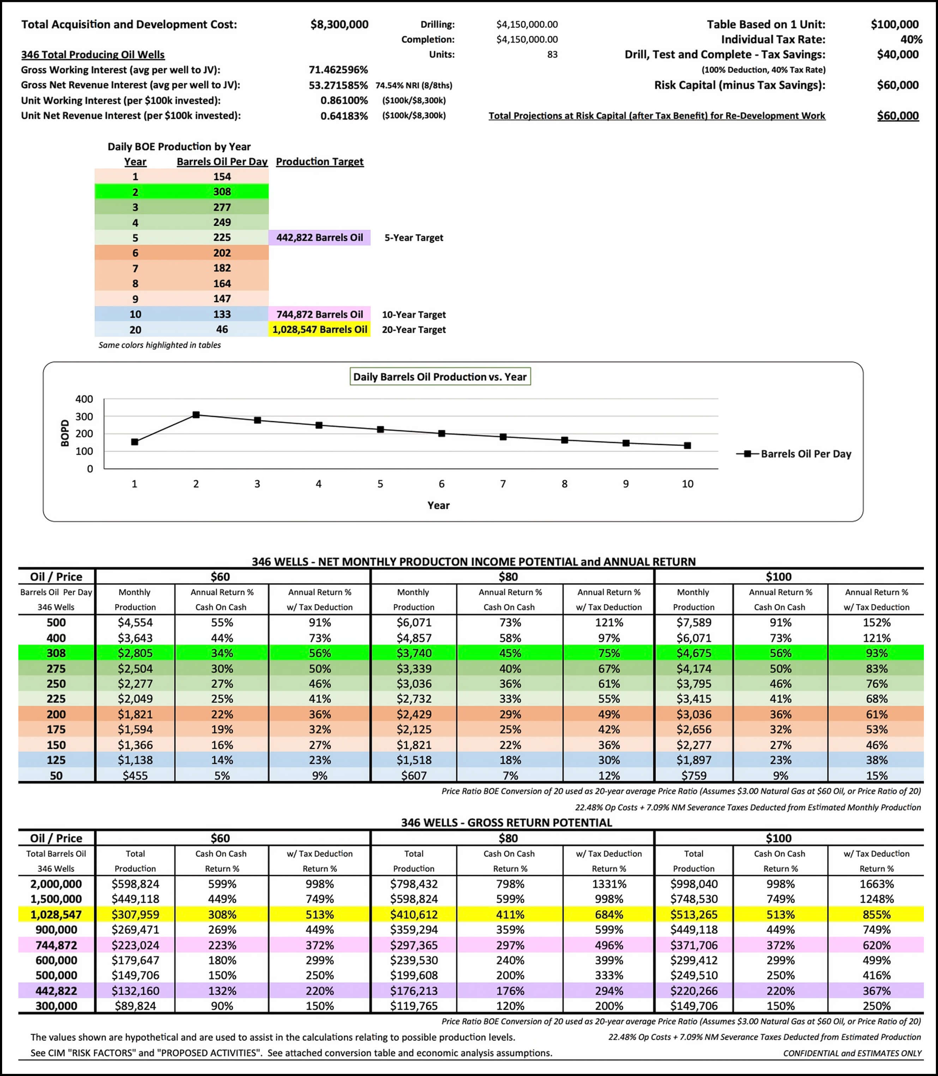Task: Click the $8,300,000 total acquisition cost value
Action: (x=339, y=25)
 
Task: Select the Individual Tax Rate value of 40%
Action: (x=911, y=40)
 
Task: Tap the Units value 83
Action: (x=552, y=54)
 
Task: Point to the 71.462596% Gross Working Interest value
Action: (x=338, y=69)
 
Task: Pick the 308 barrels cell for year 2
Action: (x=222, y=192)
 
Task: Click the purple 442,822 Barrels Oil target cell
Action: (x=319, y=237)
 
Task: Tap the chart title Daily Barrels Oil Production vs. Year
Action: (x=440, y=377)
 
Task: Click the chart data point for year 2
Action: (x=196, y=415)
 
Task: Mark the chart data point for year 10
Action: (x=687, y=445)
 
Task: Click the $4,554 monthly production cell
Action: (x=135, y=622)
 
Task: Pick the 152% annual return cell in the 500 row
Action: (x=876, y=622)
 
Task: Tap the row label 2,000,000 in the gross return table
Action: (x=56, y=884)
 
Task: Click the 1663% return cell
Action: (x=876, y=884)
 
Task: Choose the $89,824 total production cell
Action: (x=135, y=1006)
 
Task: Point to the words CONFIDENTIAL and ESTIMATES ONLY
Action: (x=852, y=1053)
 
